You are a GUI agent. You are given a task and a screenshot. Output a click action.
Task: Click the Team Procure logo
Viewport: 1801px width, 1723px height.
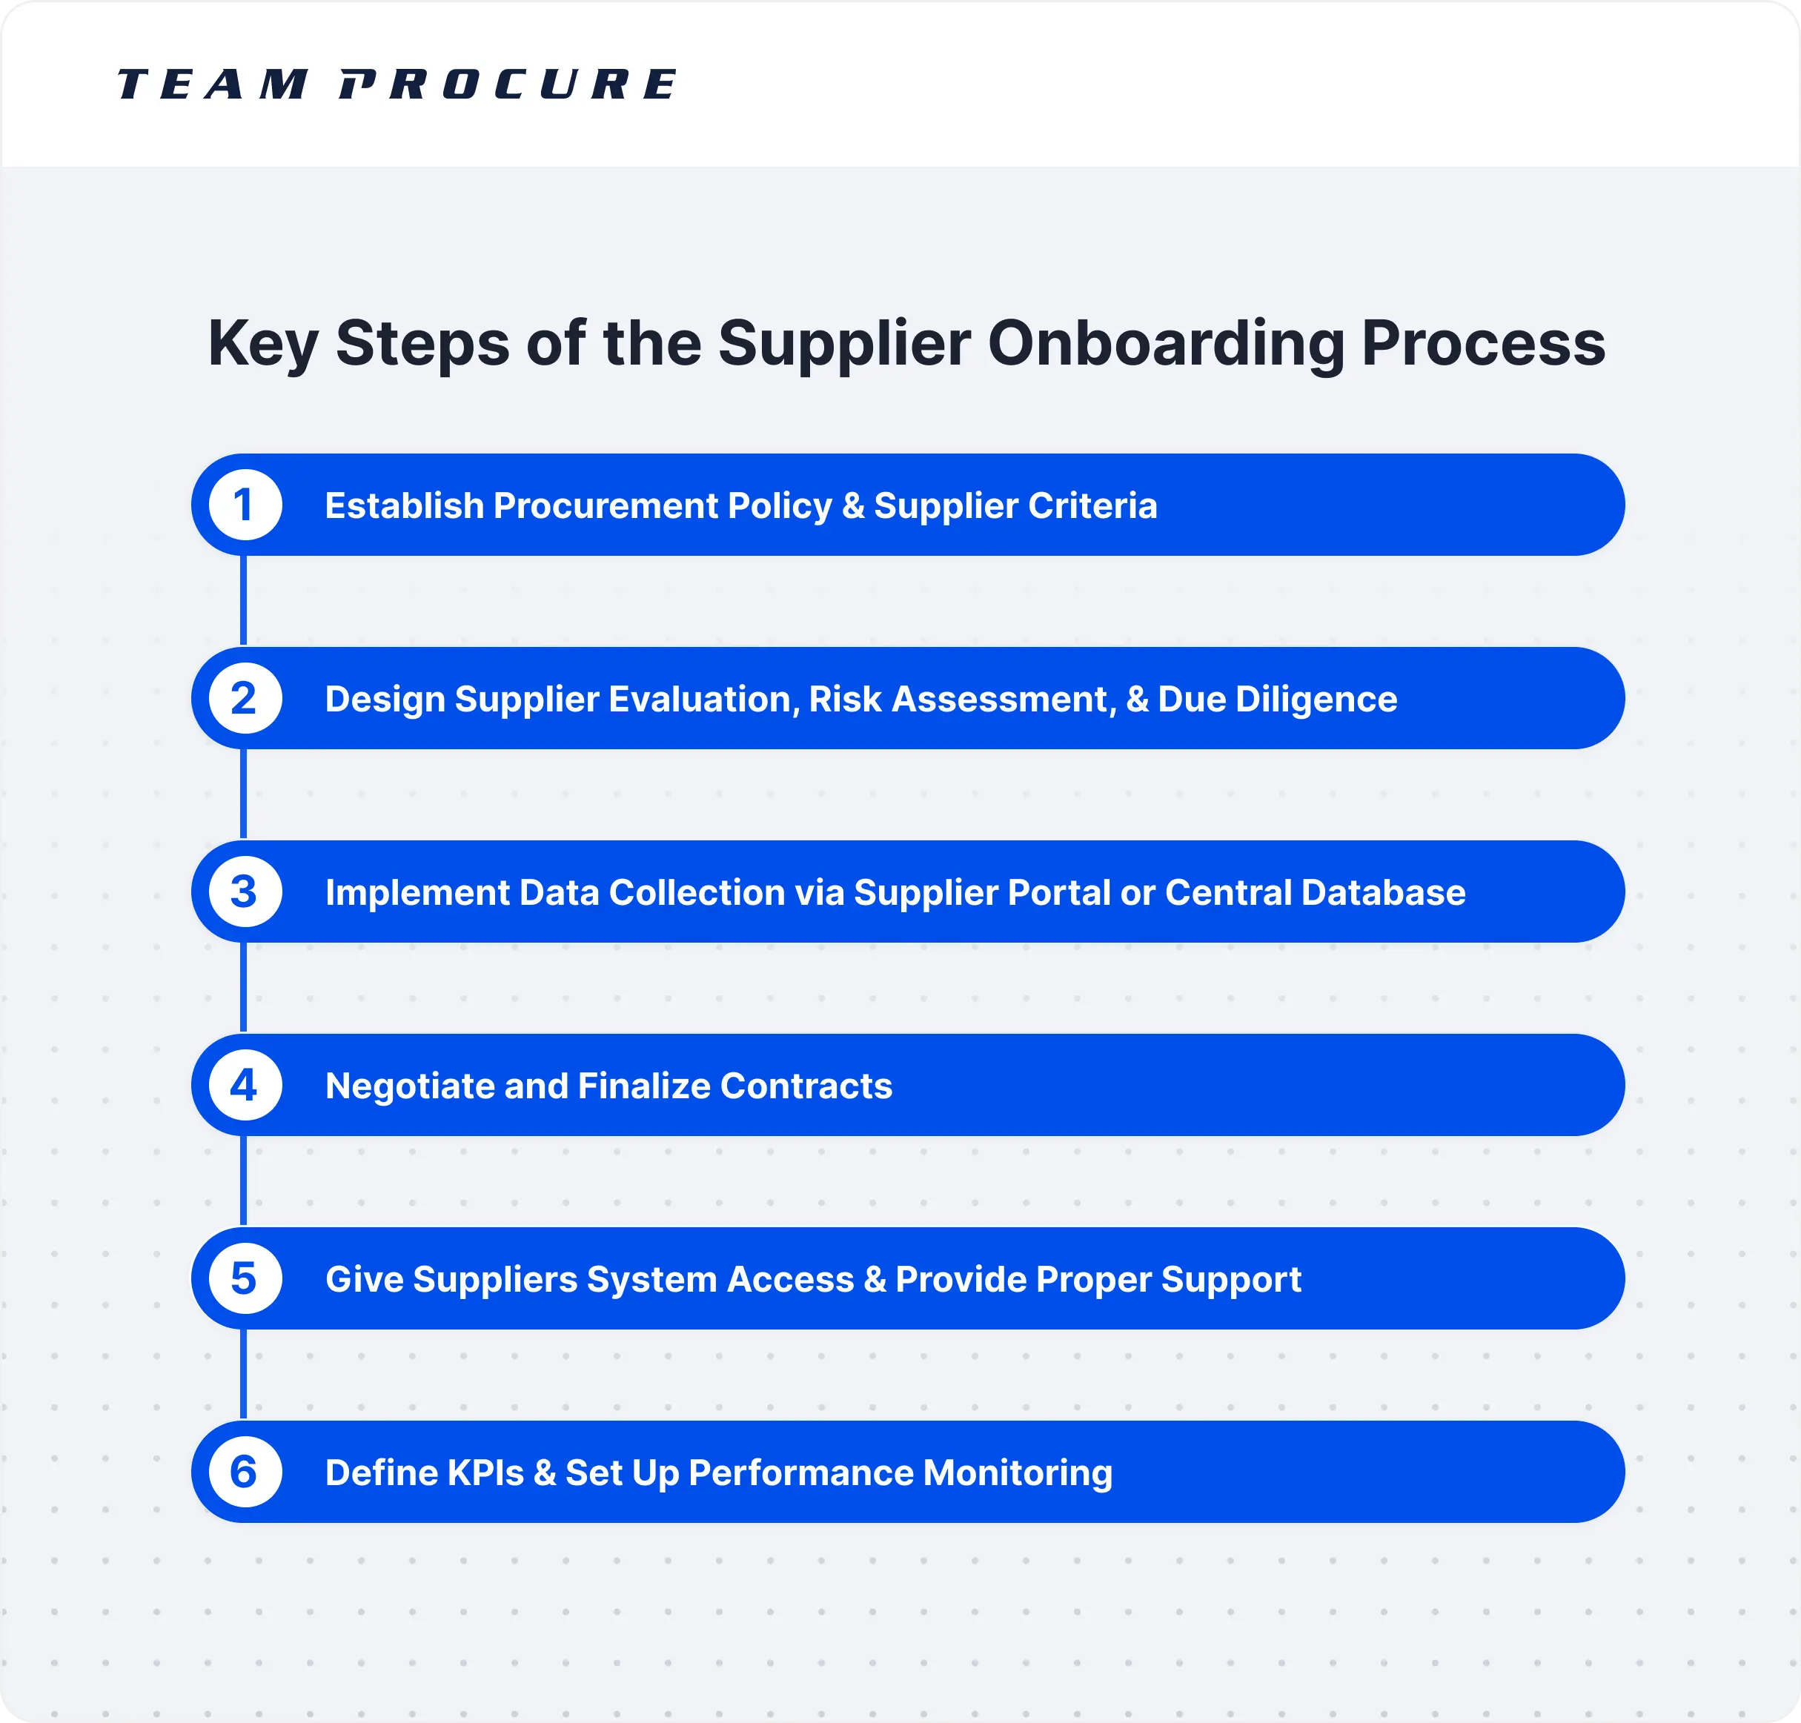click(397, 84)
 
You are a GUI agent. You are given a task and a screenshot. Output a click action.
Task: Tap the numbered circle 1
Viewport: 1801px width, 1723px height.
click(245, 505)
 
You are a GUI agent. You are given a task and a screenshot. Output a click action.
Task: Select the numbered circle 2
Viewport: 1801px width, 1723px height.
click(245, 699)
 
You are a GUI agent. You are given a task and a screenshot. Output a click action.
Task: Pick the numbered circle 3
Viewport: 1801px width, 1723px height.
click(245, 892)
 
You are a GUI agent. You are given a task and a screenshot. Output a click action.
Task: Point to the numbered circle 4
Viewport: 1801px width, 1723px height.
click(245, 1086)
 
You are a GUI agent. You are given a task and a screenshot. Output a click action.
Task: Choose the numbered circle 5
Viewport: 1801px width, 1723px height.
click(245, 1278)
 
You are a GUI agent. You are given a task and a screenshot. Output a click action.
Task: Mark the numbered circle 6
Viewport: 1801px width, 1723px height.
click(245, 1473)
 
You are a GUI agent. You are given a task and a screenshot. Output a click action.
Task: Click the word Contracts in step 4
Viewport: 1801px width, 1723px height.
click(806, 1086)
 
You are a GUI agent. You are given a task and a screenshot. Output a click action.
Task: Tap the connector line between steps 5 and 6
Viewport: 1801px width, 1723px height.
click(243, 1375)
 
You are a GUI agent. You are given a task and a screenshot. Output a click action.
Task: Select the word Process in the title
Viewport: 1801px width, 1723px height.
click(1483, 345)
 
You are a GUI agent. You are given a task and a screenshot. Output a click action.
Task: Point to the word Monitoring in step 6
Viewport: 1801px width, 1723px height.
click(1018, 1473)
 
